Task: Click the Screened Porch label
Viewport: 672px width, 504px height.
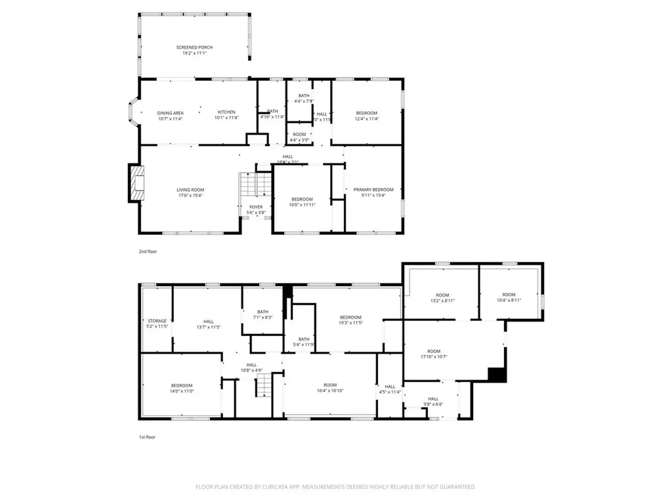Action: (194, 47)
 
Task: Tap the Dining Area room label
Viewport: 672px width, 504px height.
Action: (170, 112)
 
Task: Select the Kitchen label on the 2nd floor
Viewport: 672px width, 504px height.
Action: (226, 112)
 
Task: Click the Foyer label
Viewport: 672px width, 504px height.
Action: (255, 207)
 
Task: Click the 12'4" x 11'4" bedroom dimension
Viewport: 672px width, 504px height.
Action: (367, 119)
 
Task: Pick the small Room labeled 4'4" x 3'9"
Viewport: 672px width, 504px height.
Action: (299, 137)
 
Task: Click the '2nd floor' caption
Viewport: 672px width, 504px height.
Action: (148, 251)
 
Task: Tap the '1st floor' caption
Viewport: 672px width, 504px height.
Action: (147, 436)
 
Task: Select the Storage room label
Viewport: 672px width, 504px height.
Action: (157, 321)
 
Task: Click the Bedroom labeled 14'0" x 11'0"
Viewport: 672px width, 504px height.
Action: (182, 388)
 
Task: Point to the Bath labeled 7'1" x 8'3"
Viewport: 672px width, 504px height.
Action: (262, 314)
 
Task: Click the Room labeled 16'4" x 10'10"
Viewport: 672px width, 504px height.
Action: (329, 388)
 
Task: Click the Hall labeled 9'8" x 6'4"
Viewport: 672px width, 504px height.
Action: (433, 401)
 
